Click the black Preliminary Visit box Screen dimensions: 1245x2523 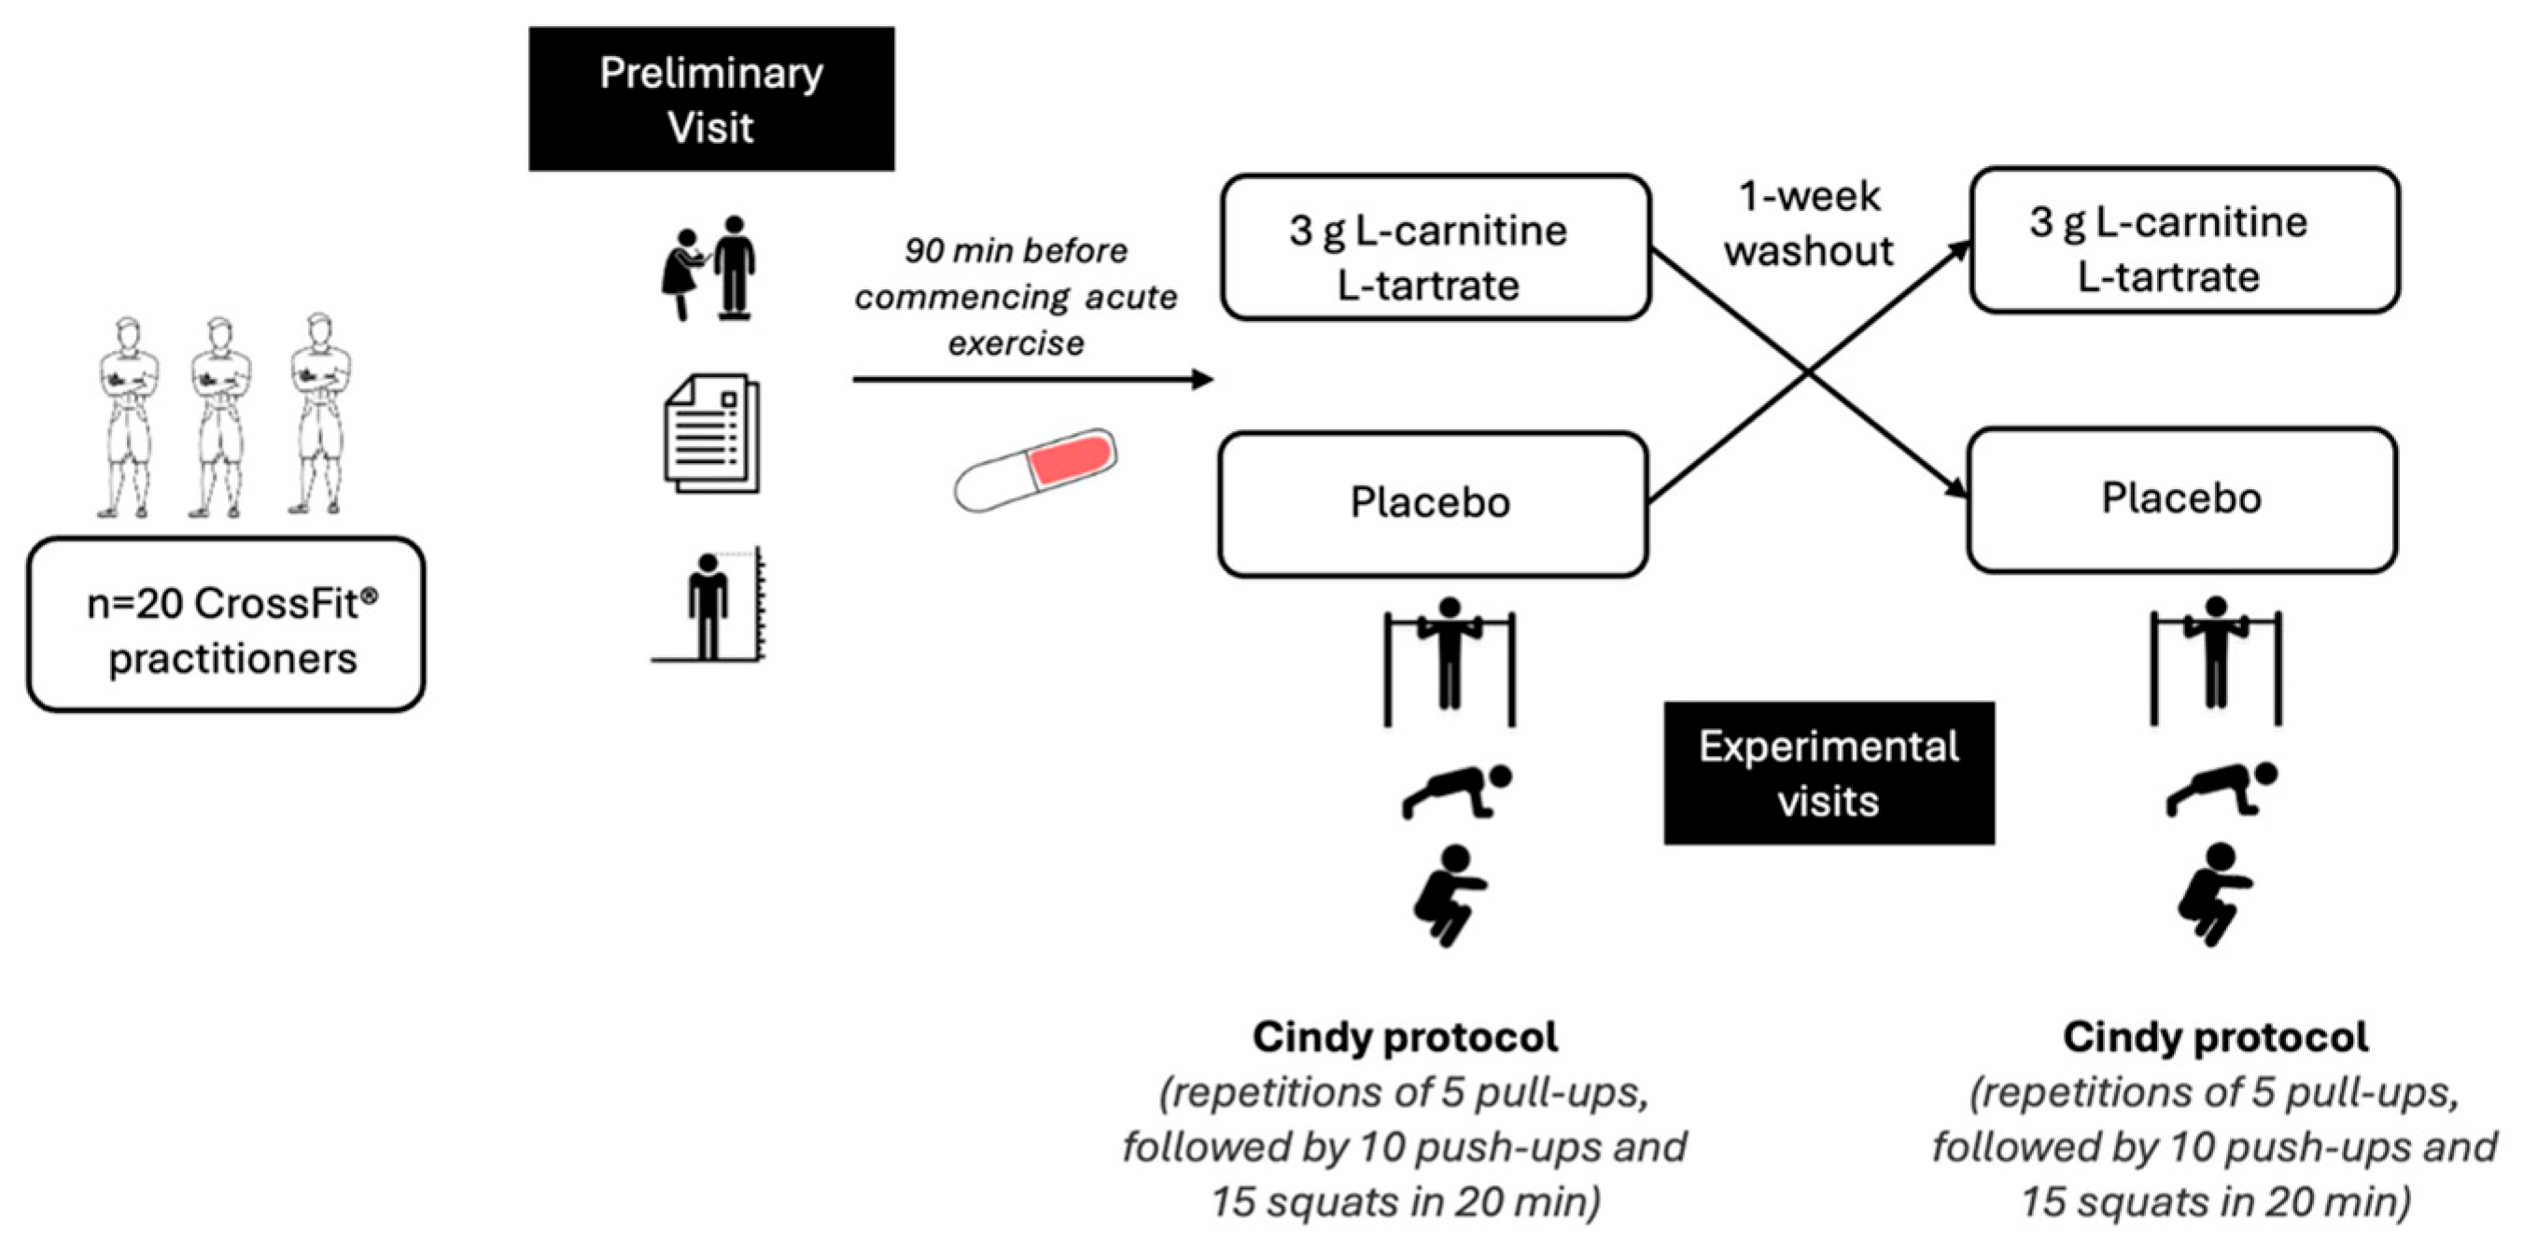[711, 99]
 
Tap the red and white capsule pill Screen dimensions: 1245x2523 [1035, 469]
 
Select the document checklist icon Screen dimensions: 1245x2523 [712, 433]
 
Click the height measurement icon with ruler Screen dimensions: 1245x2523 [709, 606]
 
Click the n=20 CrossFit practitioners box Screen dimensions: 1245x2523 [226, 624]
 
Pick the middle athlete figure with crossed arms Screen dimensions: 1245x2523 [219, 416]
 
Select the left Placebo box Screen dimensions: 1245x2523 [1433, 503]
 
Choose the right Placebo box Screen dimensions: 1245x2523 [2181, 499]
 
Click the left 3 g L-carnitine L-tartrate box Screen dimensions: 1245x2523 [1435, 248]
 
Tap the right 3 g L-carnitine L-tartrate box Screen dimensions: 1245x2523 [2183, 240]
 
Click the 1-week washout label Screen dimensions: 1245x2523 [1808, 224]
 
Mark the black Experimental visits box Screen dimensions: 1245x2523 [1828, 773]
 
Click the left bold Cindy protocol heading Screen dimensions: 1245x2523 [1405, 1037]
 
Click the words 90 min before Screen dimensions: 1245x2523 [1016, 251]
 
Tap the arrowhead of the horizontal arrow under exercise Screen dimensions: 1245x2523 [1204, 379]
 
